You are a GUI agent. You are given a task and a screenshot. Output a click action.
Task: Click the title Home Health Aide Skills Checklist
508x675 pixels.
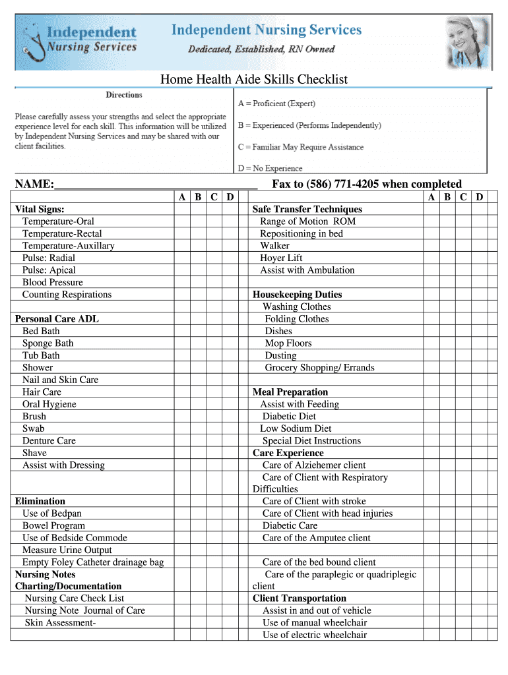(254, 80)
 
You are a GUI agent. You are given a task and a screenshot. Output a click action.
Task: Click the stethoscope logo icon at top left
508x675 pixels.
(33, 41)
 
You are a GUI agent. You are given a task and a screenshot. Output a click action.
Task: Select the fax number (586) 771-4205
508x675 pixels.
(342, 184)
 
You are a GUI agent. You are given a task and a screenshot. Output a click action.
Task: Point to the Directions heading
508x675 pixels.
(124, 95)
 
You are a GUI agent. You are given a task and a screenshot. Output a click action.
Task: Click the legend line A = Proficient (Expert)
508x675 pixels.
(276, 103)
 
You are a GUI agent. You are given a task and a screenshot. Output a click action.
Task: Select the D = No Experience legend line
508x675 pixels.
(270, 168)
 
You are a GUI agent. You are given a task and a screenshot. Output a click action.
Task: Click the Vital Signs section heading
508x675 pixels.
(40, 209)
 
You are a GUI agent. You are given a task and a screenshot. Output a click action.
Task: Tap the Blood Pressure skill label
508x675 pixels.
(53, 282)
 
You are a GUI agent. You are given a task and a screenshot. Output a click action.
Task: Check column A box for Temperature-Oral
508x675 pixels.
(181, 221)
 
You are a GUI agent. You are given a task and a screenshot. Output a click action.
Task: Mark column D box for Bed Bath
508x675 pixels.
(230, 331)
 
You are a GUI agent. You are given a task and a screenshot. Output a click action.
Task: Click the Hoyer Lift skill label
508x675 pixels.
(281, 258)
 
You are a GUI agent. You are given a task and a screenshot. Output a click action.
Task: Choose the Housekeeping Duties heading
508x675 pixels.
(297, 295)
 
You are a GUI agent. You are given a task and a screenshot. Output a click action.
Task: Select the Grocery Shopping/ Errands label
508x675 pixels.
(319, 368)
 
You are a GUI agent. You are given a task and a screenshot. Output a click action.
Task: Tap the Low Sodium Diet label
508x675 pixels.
(296, 428)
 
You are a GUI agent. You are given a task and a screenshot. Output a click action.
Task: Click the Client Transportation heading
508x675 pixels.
(300, 599)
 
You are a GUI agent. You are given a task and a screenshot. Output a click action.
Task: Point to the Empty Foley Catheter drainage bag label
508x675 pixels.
(93, 562)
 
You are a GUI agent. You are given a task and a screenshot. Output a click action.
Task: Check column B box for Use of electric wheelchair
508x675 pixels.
(447, 635)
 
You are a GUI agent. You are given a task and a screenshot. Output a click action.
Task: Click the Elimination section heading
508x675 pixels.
(40, 501)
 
